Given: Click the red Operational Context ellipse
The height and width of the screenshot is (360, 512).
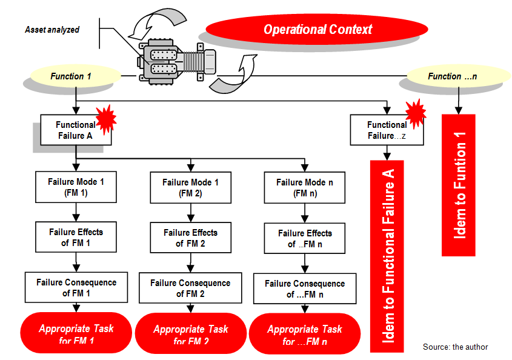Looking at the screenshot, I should [x=318, y=29].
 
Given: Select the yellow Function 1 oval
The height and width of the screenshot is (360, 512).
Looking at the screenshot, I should [x=71, y=76].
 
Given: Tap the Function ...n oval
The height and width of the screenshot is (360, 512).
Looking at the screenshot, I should [x=452, y=76].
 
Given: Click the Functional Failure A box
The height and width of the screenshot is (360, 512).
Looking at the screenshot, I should [x=75, y=130].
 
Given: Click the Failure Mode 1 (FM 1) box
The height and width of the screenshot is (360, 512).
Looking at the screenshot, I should [x=75, y=187].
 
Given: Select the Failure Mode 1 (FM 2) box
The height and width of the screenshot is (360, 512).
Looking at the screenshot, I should [x=190, y=188].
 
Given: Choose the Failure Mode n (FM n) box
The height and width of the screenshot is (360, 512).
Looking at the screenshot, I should [x=305, y=188].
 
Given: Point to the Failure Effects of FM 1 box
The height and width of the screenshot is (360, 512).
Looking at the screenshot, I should [x=76, y=238].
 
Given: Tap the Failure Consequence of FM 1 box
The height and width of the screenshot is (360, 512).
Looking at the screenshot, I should [x=76, y=287].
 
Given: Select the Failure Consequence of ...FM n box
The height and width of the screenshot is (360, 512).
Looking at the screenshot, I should [x=305, y=288].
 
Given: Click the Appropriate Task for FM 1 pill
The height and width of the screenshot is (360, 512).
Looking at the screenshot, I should [x=76, y=333].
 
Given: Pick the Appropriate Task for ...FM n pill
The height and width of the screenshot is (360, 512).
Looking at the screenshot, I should [x=305, y=335].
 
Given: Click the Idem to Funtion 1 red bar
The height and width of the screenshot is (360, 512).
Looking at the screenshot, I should [x=458, y=185].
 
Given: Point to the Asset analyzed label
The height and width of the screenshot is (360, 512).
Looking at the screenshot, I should [x=52, y=30].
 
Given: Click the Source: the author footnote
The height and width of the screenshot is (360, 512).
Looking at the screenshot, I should [x=455, y=347].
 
